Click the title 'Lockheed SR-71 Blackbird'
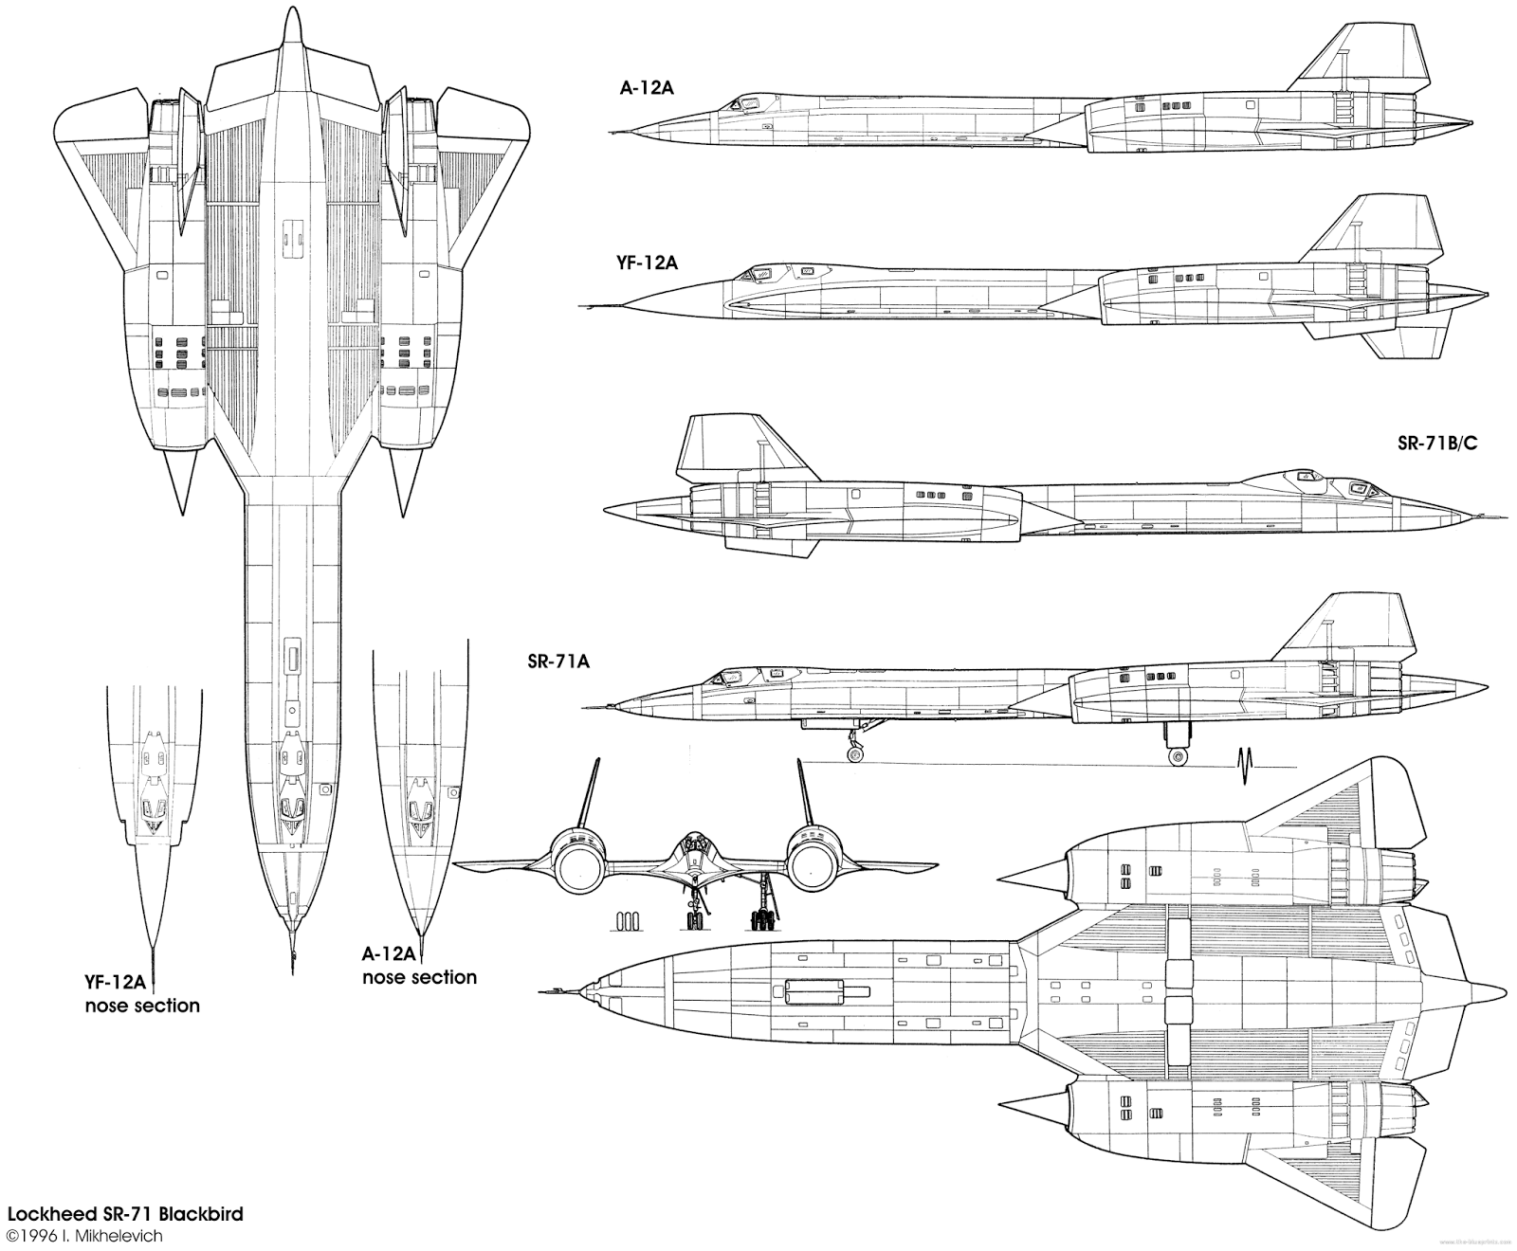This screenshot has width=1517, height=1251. (125, 1213)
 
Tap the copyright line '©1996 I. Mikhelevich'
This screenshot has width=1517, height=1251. (84, 1235)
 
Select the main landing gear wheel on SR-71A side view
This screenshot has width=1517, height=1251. (1178, 756)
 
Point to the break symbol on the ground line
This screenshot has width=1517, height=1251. (1245, 765)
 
